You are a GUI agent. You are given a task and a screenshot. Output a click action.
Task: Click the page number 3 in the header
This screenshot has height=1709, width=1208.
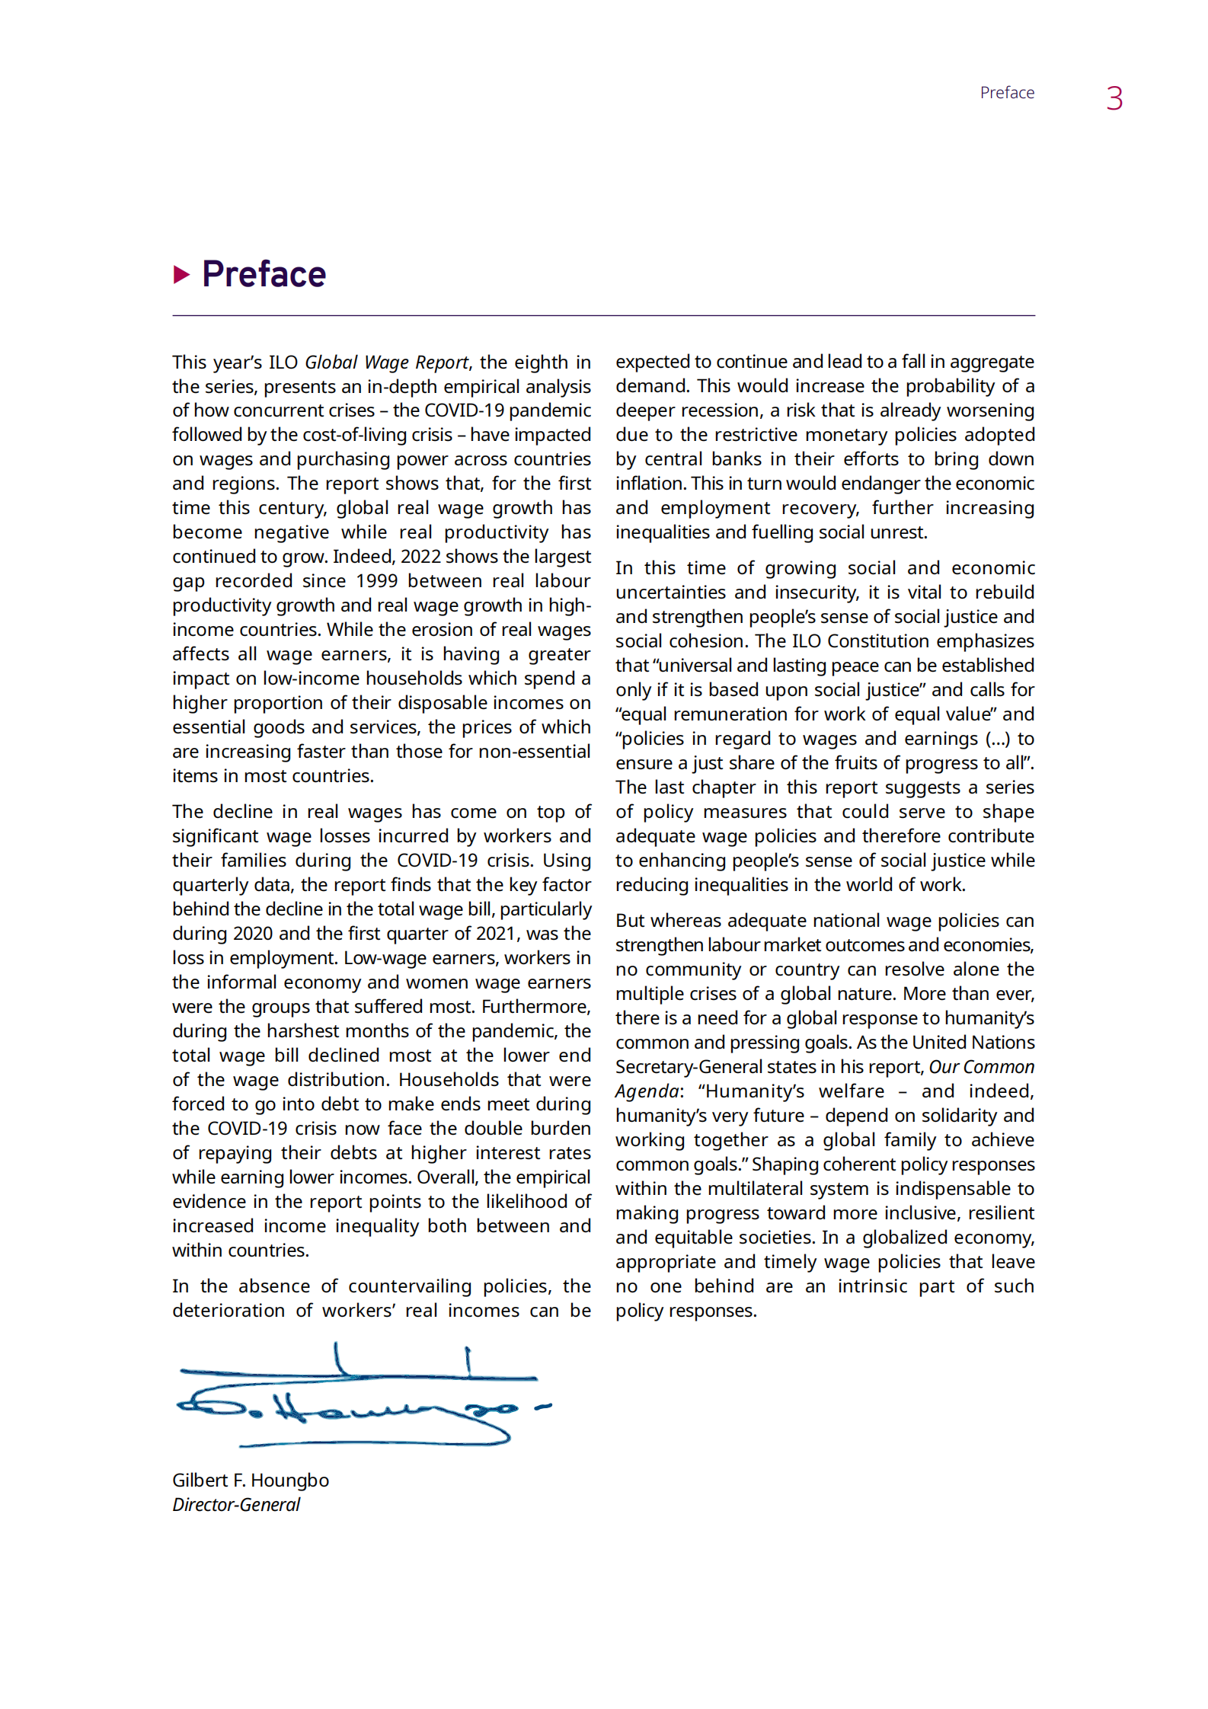(1114, 99)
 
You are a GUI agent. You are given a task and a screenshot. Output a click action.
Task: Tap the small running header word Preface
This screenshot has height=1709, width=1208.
(1006, 93)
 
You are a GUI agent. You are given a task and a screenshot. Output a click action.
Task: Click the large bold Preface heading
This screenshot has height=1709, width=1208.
(264, 274)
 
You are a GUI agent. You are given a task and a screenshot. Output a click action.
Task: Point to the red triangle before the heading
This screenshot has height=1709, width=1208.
(181, 274)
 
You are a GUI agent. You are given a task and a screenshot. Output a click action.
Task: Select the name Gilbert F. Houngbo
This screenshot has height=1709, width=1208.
(250, 1480)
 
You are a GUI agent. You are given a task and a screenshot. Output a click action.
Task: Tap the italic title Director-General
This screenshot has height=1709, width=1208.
(236, 1504)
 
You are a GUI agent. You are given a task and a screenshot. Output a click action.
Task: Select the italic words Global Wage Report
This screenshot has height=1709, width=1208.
(386, 362)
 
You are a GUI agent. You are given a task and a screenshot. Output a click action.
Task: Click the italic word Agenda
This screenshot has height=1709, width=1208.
(647, 1091)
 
